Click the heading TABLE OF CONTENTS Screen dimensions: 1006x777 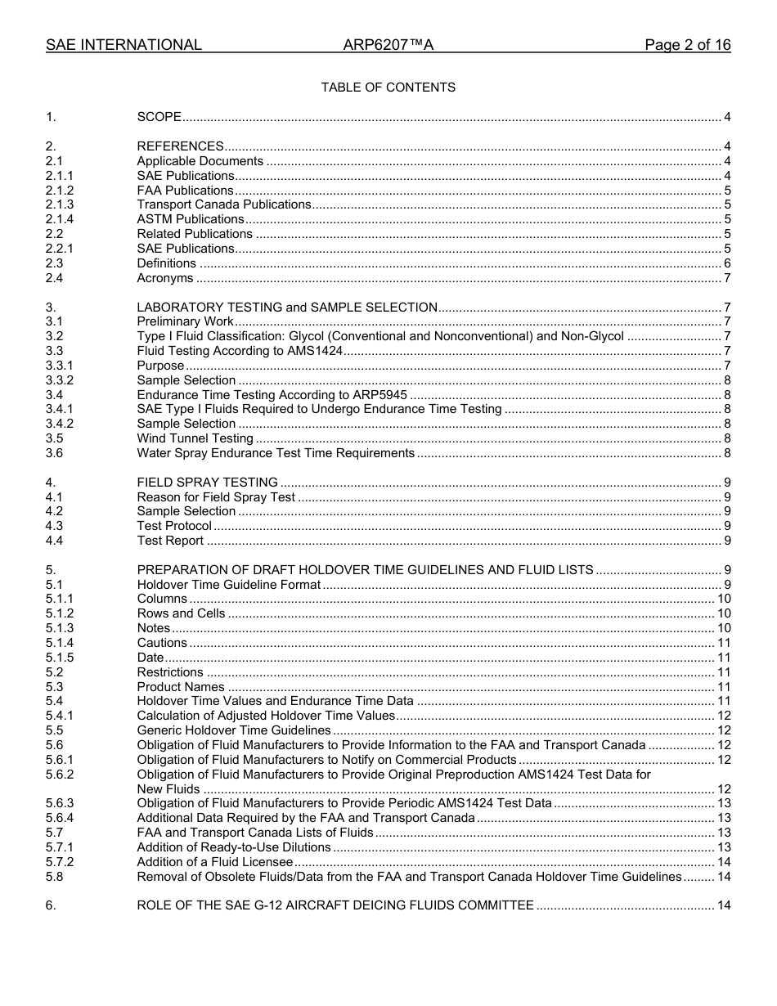coord(388,88)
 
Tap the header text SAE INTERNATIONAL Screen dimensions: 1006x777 coord(124,45)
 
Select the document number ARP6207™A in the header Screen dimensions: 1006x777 coord(388,45)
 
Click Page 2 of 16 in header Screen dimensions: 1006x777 coord(687,45)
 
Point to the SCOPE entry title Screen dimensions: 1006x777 coord(159,118)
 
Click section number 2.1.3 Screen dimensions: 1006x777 coord(60,204)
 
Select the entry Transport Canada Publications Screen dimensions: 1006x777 coord(223,204)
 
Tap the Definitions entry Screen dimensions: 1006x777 coord(166,263)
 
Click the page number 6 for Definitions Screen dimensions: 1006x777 coord(727,263)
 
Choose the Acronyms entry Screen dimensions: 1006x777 coord(164,278)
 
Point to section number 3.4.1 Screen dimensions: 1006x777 coord(60,409)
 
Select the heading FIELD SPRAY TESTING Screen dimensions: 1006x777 coord(207,483)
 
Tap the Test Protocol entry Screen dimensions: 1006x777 coord(173,526)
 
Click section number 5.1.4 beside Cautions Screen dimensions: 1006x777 coord(60,643)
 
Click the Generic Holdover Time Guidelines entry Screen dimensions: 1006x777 coord(233,730)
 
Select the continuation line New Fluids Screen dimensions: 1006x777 coord(168,789)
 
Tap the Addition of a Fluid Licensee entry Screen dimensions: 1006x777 coord(214,862)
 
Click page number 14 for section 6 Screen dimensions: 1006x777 coord(724,905)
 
